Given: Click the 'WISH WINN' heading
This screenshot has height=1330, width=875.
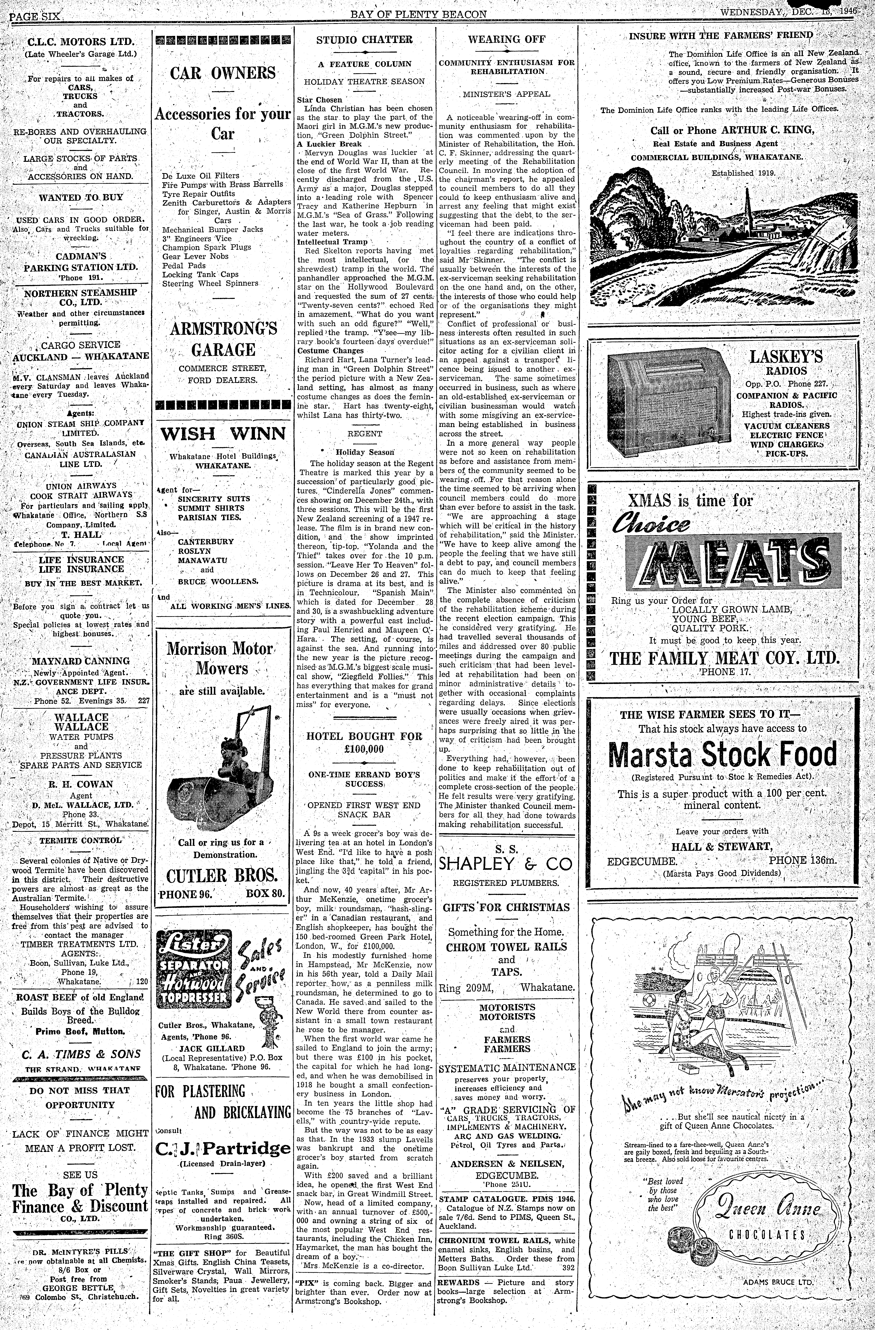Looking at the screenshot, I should tap(223, 434).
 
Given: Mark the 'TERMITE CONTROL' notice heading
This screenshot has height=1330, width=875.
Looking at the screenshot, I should tap(81, 840).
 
